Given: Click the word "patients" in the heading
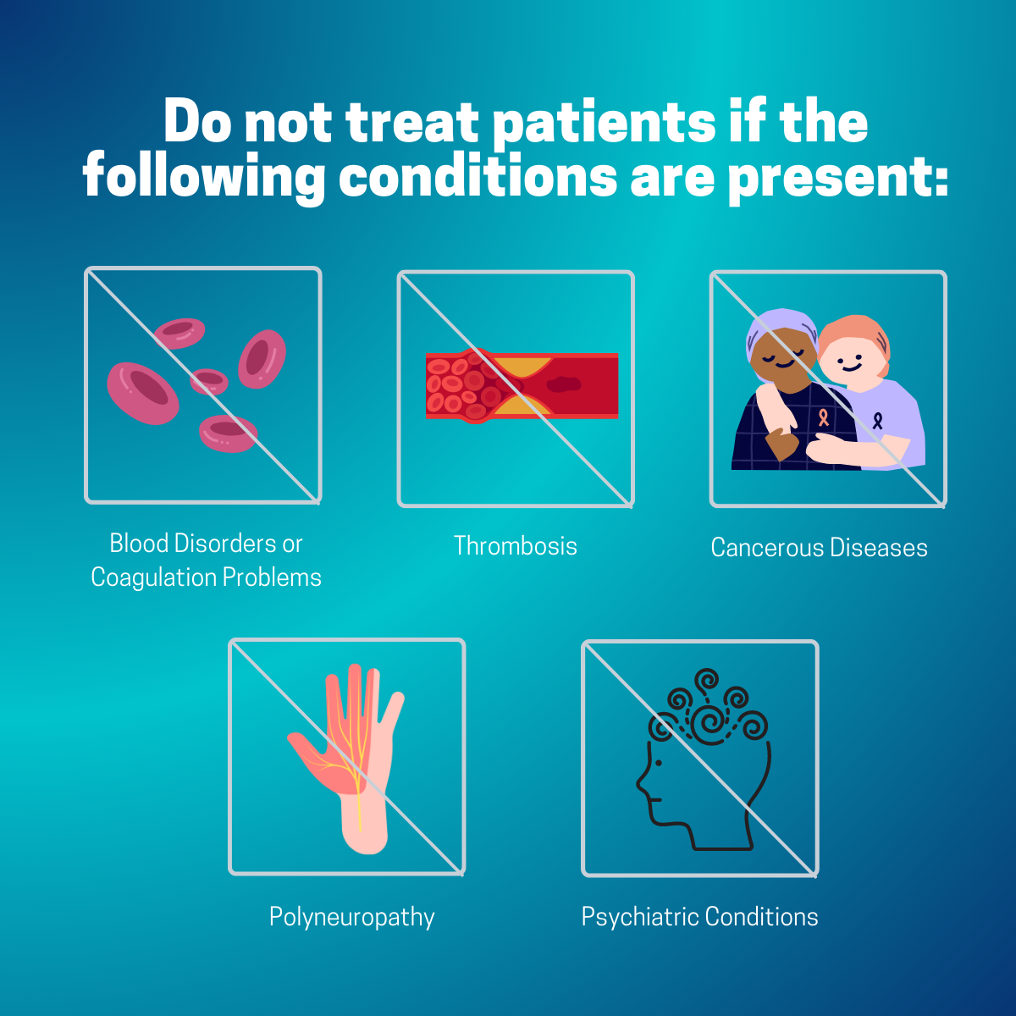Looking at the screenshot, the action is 605,124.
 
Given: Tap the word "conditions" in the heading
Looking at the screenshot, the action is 478,177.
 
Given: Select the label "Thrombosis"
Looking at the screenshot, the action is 516,546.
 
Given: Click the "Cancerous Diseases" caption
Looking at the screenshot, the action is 819,547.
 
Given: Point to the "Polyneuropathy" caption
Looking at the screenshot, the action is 351,918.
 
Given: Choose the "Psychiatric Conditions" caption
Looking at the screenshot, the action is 699,918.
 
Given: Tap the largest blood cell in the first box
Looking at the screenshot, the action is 143,394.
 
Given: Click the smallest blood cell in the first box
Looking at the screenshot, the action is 209,382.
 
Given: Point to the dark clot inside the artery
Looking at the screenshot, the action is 564,384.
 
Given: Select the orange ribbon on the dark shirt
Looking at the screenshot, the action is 823,417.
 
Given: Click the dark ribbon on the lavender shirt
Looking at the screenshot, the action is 877,421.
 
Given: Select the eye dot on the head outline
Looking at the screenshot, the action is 658,762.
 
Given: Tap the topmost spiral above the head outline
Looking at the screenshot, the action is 706,680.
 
